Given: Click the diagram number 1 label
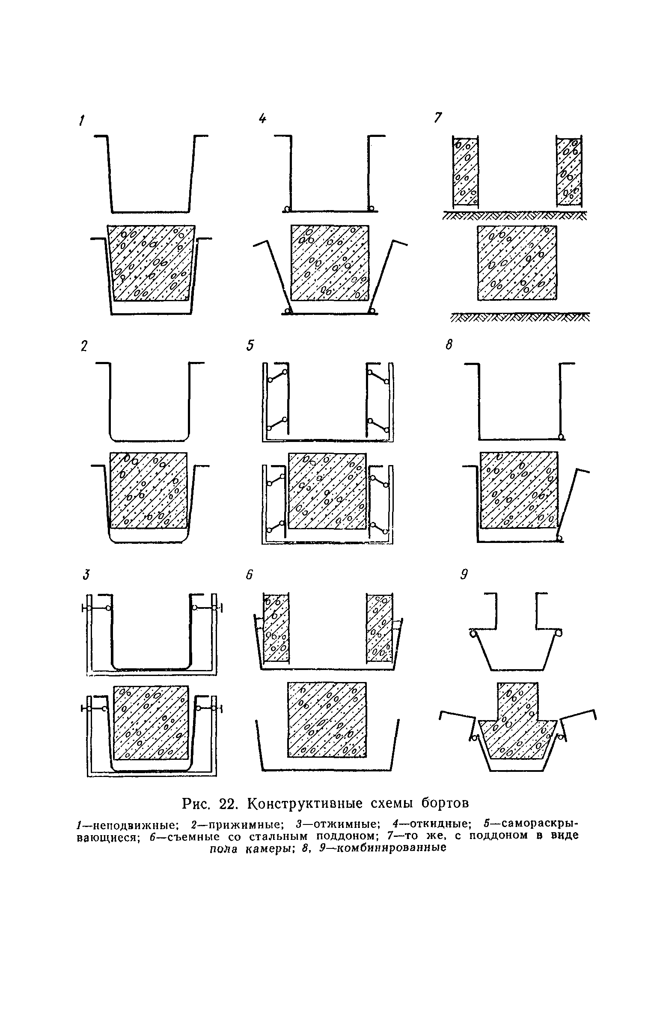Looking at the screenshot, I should (x=80, y=121).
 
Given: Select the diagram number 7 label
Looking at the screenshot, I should (x=437, y=118).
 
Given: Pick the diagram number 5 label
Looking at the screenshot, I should (x=250, y=345).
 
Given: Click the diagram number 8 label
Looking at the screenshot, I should (x=449, y=344).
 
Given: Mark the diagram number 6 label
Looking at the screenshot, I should (x=250, y=575).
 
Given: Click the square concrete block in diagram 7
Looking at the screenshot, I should (x=517, y=263).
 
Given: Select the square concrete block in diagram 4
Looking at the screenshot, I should (x=330, y=263).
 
